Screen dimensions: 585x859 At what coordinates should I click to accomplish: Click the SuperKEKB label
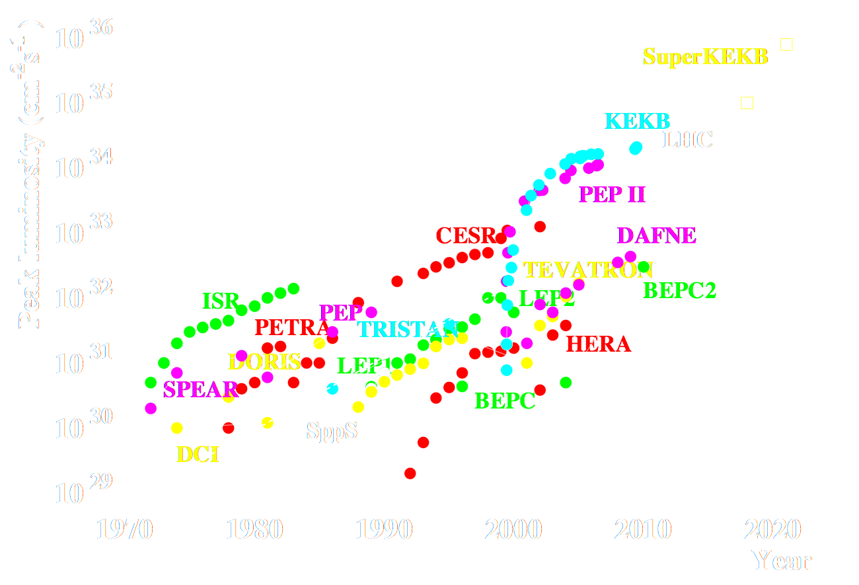click(x=705, y=57)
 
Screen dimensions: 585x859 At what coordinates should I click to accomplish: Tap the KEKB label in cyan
click(x=638, y=121)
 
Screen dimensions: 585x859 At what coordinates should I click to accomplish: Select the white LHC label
click(x=687, y=139)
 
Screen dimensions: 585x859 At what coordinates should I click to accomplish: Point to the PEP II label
click(x=611, y=194)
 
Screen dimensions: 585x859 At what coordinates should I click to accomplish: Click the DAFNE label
click(x=656, y=235)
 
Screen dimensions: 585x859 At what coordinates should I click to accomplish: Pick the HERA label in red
click(x=598, y=344)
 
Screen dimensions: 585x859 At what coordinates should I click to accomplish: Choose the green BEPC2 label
click(x=680, y=290)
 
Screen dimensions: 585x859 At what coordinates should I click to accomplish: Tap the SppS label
click(x=332, y=432)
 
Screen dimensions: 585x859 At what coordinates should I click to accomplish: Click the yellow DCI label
click(x=198, y=454)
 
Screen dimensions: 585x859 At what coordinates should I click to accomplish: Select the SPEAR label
click(x=200, y=389)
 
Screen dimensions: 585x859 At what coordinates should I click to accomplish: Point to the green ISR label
click(x=220, y=301)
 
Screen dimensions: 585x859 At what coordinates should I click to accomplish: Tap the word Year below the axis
click(x=782, y=561)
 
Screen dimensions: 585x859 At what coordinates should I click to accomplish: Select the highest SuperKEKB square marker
click(x=786, y=44)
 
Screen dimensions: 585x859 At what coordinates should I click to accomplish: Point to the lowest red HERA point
click(x=410, y=473)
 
